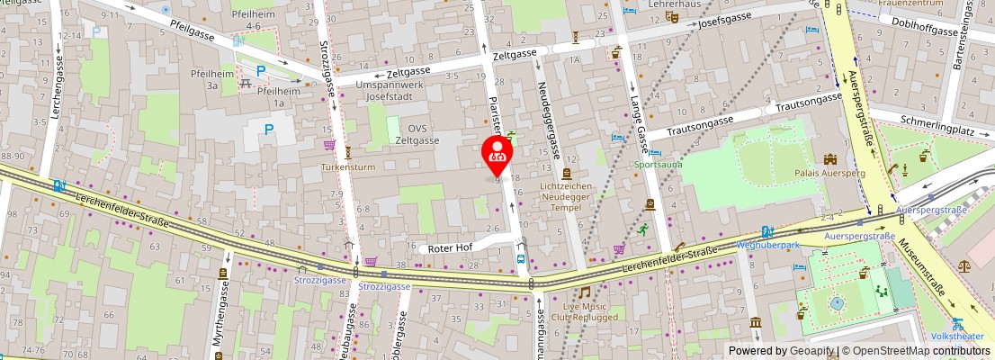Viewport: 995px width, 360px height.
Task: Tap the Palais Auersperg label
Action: point(829,171)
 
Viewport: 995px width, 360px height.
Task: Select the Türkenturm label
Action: point(348,167)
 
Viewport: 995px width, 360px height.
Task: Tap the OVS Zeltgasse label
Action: point(417,135)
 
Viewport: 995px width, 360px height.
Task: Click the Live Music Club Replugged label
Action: point(585,311)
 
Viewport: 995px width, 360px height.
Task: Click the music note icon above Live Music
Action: point(584,292)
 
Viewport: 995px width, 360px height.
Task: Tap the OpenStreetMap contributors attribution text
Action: point(916,351)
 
